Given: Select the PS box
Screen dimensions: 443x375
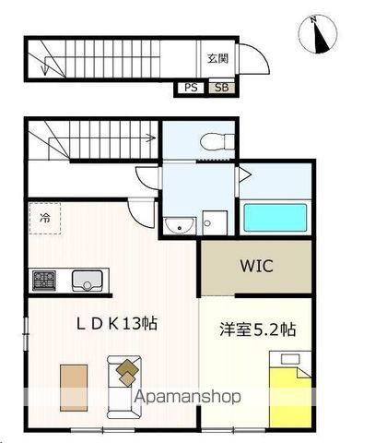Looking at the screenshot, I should (191, 88).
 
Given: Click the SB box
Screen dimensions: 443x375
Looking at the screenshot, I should (220, 88).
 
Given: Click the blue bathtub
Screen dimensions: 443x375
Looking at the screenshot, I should (274, 219).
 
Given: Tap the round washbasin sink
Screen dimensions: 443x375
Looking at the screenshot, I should (177, 224).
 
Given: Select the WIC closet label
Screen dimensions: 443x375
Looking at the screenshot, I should (256, 266).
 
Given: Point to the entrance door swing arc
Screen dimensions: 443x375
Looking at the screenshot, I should (259, 61).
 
